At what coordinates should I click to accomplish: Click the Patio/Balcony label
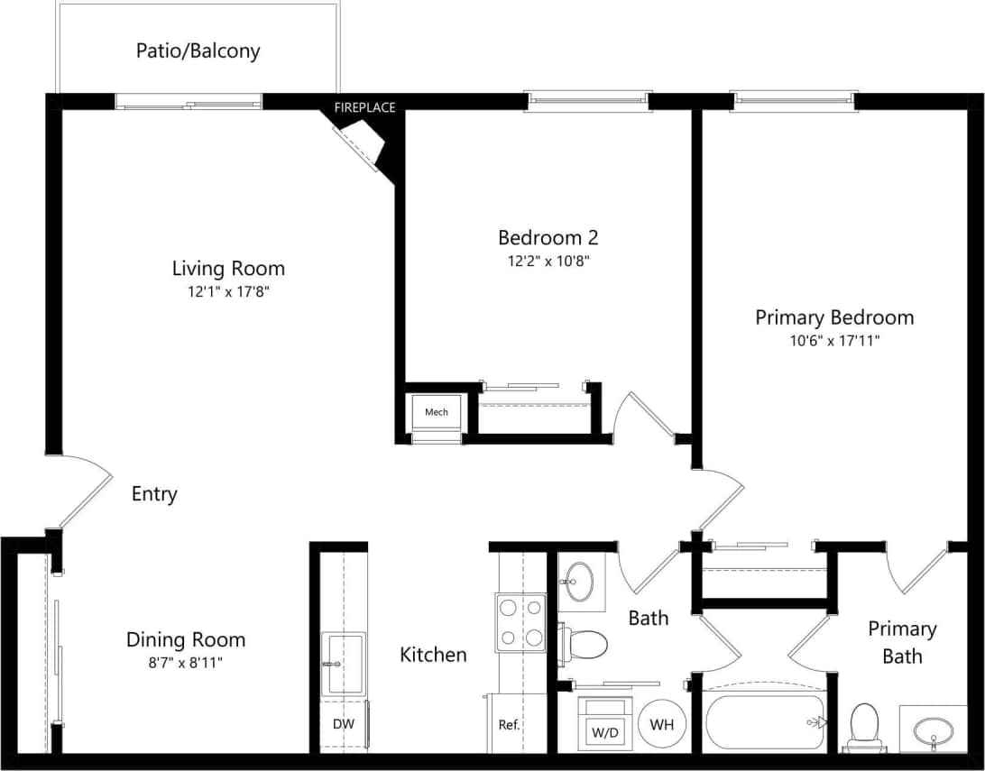(198, 50)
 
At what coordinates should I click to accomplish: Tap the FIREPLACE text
(364, 108)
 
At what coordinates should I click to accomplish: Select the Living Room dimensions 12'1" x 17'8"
(228, 291)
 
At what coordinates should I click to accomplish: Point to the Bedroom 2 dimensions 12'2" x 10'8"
(548, 262)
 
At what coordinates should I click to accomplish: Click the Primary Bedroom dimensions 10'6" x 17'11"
(833, 341)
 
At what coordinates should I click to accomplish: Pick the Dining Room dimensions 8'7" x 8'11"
(185, 663)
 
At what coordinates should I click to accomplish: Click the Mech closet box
(437, 412)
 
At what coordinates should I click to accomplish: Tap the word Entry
(154, 494)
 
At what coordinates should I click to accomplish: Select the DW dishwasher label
(344, 724)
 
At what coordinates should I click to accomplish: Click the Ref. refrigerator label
(510, 724)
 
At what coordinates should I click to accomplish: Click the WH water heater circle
(661, 724)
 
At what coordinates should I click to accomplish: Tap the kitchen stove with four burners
(520, 622)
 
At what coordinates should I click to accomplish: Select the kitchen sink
(344, 664)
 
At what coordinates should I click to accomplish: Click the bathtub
(765, 721)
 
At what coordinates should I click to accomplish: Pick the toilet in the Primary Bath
(864, 726)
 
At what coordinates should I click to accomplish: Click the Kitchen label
(433, 655)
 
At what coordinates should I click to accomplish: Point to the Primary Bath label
(902, 642)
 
